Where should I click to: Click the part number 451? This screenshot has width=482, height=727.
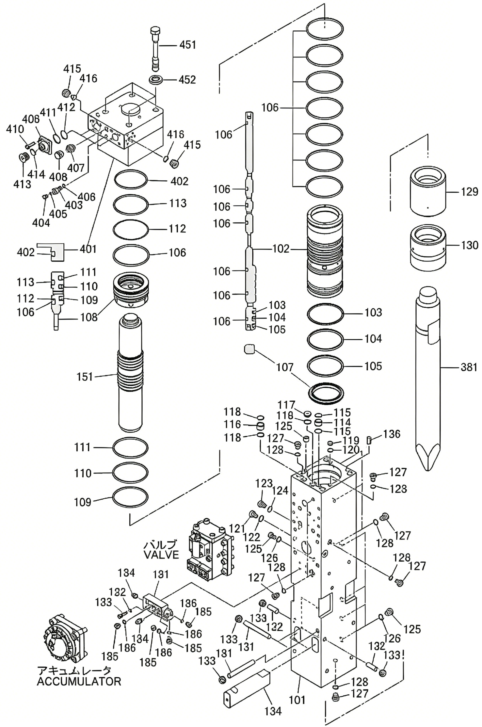point(188,45)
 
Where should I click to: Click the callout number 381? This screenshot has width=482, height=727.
point(469,367)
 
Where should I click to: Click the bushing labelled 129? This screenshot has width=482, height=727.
point(428,191)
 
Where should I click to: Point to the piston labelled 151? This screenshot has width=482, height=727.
point(130,373)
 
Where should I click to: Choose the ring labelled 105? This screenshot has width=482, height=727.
point(325,367)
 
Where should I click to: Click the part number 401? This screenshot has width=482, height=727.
point(88,249)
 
